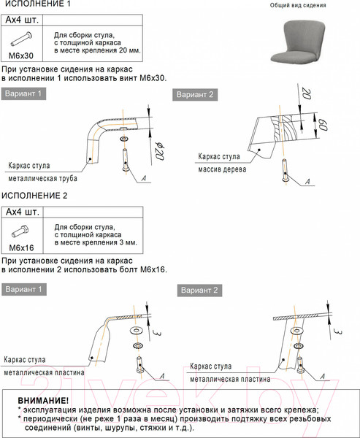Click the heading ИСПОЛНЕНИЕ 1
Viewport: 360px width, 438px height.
(36, 4)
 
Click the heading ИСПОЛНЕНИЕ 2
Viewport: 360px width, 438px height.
(34, 196)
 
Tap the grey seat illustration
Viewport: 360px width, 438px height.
(298, 41)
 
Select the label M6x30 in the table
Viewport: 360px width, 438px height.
(21, 55)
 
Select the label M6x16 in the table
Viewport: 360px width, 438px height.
(21, 247)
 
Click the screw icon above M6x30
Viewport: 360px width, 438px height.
(21, 39)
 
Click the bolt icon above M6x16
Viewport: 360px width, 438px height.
(20, 231)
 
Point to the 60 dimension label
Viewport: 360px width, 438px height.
(323, 125)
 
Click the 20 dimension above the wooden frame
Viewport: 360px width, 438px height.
(307, 94)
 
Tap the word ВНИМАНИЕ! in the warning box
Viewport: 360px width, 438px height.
(43, 401)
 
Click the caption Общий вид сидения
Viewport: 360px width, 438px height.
(298, 5)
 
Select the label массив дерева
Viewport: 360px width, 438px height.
(222, 169)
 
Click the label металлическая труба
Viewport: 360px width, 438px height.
(43, 178)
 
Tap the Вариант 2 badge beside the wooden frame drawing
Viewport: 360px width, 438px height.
(195, 95)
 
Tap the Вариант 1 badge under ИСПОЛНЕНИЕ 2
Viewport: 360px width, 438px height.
(24, 289)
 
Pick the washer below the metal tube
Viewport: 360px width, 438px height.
(123, 139)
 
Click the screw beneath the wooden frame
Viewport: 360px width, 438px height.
(285, 170)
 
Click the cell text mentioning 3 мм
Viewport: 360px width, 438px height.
(96, 234)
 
